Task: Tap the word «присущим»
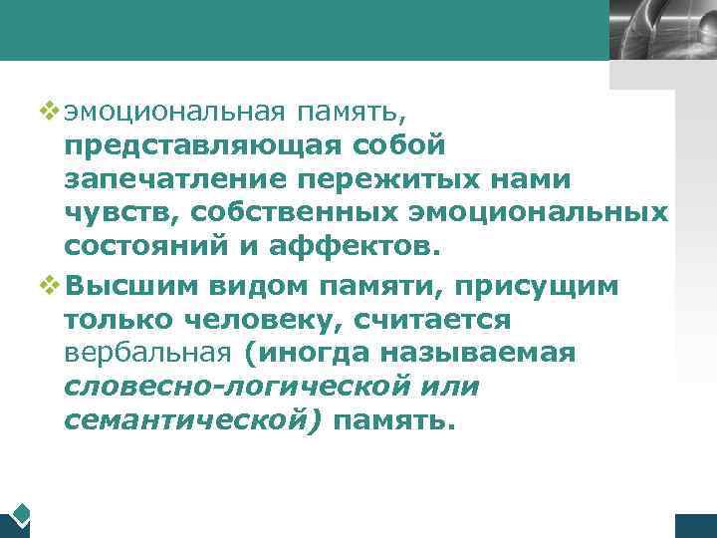540,285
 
